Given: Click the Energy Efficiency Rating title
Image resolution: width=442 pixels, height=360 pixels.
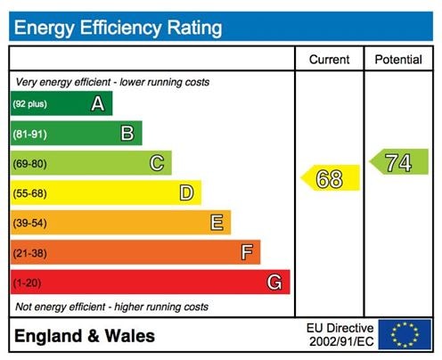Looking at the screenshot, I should tap(118, 27).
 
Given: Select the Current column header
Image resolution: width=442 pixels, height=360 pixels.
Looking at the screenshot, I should tap(329, 60).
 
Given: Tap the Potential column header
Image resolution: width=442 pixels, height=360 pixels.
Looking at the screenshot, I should tap(398, 60).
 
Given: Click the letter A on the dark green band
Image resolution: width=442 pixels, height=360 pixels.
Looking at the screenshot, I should tap(97, 104).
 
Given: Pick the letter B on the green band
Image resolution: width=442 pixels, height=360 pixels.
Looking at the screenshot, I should tap(127, 134).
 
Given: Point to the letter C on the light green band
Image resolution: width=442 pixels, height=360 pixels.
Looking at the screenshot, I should tap(156, 163).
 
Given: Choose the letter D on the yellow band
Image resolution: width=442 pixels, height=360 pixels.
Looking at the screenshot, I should tap(186, 192).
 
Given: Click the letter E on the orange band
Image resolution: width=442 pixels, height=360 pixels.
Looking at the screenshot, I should tap(216, 223).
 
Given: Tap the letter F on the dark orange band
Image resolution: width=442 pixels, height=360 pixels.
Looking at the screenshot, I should tap(246, 252).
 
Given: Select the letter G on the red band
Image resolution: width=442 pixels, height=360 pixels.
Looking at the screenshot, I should tap(275, 282).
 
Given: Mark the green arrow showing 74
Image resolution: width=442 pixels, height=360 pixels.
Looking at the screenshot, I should tap(399, 163).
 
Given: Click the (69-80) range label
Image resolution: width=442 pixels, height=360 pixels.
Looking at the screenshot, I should tap(29, 164).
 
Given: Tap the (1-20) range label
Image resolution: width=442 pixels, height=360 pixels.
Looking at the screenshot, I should tap(28, 283).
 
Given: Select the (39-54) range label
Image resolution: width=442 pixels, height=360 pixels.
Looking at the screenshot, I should tap(29, 224).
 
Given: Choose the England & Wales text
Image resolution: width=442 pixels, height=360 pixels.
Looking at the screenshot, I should tap(84, 336).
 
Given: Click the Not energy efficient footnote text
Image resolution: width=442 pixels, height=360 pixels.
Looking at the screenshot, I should tap(112, 307).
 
